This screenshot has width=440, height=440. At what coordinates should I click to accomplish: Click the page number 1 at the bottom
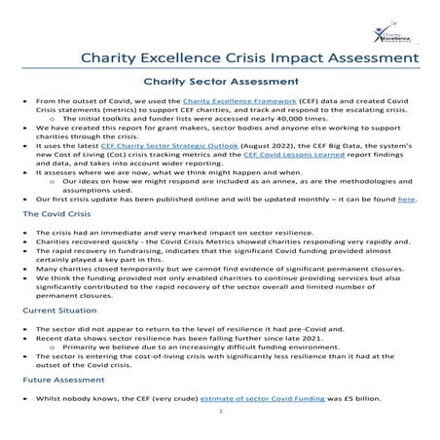221,412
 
